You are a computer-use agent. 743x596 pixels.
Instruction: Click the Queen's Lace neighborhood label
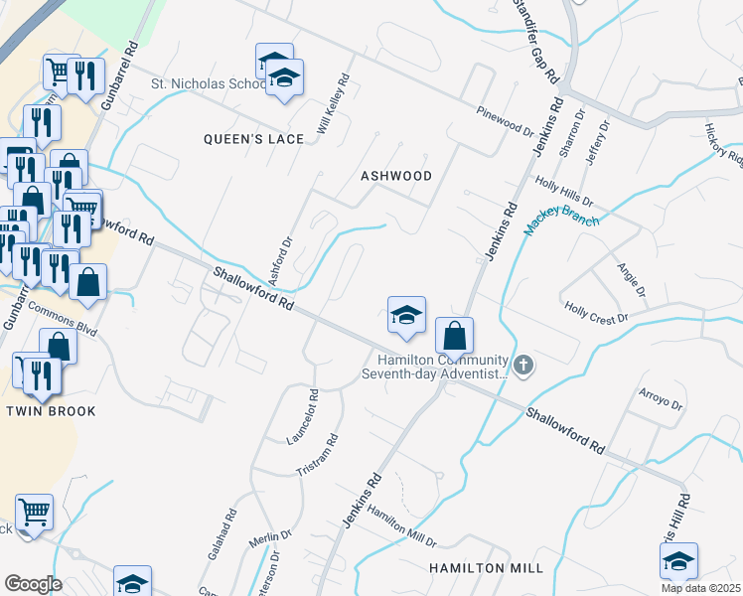[x=253, y=139]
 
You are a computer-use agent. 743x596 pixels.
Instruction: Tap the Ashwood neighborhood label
[x=396, y=176]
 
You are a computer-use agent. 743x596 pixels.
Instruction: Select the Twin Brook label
[x=51, y=411]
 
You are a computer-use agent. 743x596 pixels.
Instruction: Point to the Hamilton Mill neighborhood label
[x=486, y=567]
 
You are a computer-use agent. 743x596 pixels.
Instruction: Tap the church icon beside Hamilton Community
[x=525, y=367]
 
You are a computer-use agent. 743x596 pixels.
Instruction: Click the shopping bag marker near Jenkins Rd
[x=454, y=336]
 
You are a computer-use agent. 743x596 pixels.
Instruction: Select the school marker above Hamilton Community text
[x=405, y=316]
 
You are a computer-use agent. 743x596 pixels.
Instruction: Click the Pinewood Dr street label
[x=505, y=119]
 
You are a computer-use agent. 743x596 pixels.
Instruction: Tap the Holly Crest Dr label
[x=597, y=312]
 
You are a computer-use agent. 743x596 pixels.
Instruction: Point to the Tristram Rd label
[x=319, y=455]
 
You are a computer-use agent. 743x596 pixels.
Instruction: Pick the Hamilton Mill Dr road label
[x=401, y=525]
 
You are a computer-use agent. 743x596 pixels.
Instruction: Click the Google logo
[x=32, y=583]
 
